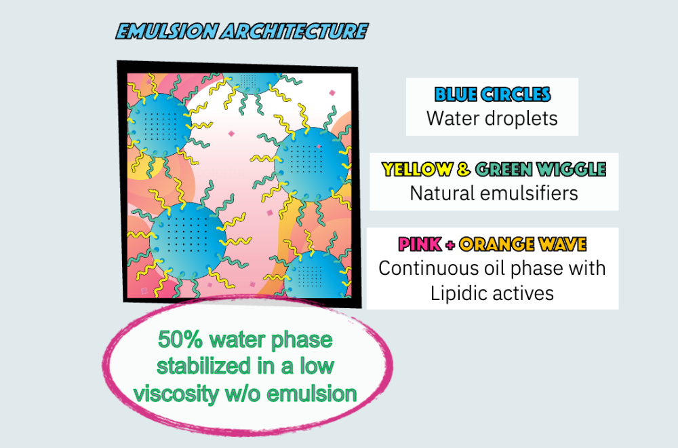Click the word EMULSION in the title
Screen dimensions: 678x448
click(167, 32)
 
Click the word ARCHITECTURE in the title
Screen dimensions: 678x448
click(295, 32)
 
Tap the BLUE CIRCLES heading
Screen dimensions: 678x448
click(492, 94)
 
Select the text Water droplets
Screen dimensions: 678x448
click(492, 118)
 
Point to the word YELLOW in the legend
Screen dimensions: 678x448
click(418, 169)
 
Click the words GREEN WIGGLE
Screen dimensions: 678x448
click(540, 169)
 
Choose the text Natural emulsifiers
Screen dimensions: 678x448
click(494, 193)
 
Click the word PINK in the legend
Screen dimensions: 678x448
click(420, 244)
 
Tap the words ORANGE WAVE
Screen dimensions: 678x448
click(523, 244)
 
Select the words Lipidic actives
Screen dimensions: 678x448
click(492, 293)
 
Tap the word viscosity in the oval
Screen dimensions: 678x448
click(176, 394)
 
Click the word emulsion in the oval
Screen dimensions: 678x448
click(312, 394)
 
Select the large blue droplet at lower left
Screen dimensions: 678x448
click(188, 241)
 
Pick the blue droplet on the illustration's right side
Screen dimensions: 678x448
click(312, 164)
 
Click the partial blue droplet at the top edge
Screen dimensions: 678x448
click(253, 82)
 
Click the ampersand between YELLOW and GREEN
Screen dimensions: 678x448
click(464, 169)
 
